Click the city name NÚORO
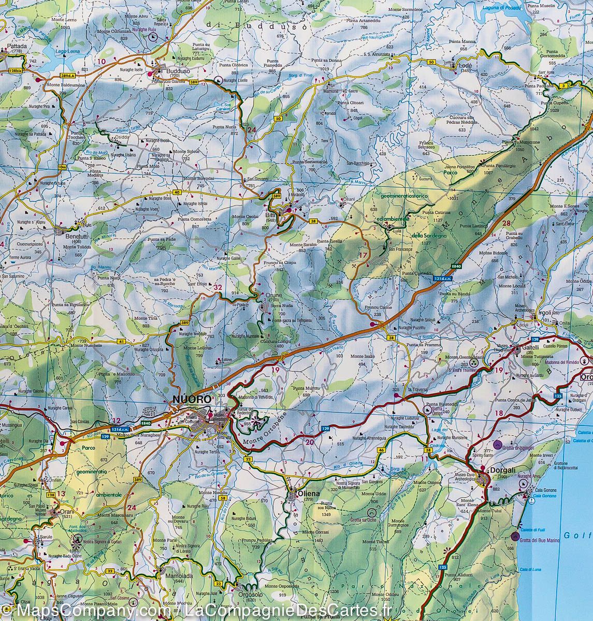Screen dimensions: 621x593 pyautogui.click(x=192, y=400)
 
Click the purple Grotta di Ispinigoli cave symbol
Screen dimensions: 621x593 pyautogui.click(x=497, y=444)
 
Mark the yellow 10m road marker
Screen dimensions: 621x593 pyautogui.click(x=63, y=167)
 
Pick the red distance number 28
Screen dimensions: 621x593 pyautogui.click(x=506, y=223)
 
